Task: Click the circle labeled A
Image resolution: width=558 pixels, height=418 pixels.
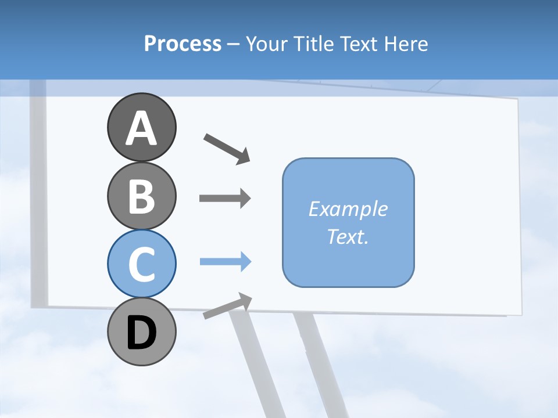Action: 141,127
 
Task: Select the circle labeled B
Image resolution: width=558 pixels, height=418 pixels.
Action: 141,196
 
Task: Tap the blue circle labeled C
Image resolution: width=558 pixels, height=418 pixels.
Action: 141,264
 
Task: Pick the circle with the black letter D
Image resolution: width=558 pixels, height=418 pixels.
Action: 141,332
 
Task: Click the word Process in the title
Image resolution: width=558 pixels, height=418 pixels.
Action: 183,44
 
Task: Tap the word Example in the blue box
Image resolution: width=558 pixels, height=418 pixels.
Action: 348,209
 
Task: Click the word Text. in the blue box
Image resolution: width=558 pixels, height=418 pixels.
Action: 348,236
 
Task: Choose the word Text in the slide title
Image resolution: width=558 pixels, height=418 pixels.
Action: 358,44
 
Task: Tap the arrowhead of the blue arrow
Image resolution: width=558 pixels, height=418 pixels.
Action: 245,262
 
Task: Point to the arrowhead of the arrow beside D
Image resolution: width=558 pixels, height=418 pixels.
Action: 245,300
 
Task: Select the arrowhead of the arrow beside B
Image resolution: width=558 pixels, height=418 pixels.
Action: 244,198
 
